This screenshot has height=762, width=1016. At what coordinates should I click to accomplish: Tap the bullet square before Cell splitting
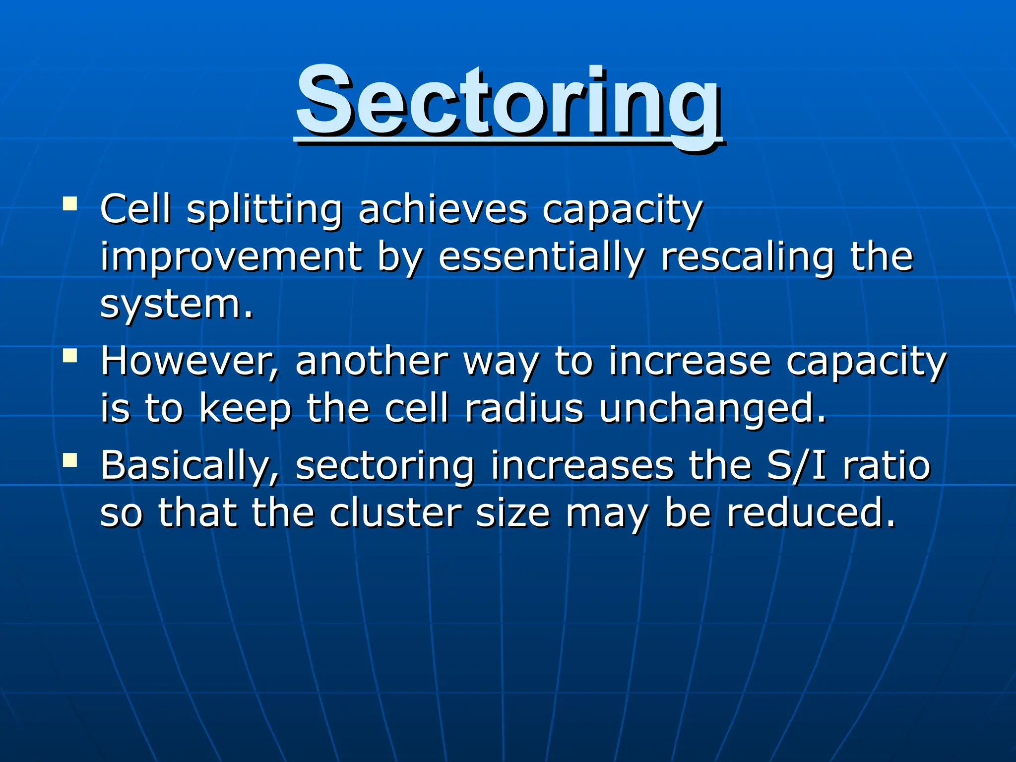point(70,204)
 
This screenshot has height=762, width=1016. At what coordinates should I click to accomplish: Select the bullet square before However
point(70,356)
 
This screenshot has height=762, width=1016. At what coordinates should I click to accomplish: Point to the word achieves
point(443,209)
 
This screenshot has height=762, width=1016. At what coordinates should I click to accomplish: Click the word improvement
point(231,257)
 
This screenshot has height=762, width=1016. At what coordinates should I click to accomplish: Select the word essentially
point(542,257)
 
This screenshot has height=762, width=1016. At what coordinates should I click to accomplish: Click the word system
point(176,305)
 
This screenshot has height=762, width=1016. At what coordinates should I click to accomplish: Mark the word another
point(372,361)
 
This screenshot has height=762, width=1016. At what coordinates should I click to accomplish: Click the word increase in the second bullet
point(690,361)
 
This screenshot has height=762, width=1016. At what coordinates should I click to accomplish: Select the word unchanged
point(712,409)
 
